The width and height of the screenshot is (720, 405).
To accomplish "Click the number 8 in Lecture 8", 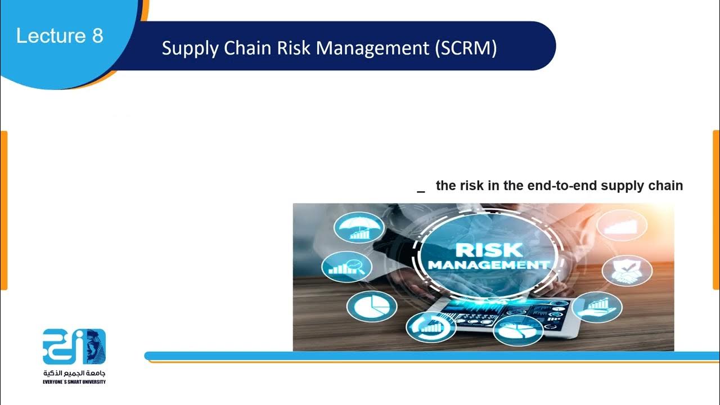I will pyautogui.click(x=97, y=36).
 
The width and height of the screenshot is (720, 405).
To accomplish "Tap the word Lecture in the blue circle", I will pyautogui.click(x=51, y=36).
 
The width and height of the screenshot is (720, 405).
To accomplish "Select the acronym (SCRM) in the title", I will pyautogui.click(x=466, y=48).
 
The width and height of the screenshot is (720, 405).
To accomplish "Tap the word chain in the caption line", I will pyautogui.click(x=666, y=186).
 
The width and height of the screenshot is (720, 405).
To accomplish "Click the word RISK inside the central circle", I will pyautogui.click(x=488, y=249).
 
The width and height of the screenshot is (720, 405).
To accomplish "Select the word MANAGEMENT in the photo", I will pyautogui.click(x=488, y=264).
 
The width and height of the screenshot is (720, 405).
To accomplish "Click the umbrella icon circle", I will pyautogui.click(x=359, y=228).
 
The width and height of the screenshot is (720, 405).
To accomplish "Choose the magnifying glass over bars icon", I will pyautogui.click(x=346, y=267).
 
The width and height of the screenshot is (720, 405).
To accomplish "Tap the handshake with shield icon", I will pyautogui.click(x=627, y=271).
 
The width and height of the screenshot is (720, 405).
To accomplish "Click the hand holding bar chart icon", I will pyautogui.click(x=597, y=307).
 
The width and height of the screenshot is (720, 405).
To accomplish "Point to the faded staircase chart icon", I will pyautogui.click(x=622, y=225).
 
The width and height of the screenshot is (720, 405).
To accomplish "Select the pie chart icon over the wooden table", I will pyautogui.click(x=371, y=307).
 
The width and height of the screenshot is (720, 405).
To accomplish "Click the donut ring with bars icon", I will pyautogui.click(x=430, y=326).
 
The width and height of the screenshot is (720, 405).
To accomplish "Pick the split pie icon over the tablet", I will pyautogui.click(x=518, y=330).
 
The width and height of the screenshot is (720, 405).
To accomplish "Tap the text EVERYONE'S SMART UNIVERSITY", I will pyautogui.click(x=74, y=382).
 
